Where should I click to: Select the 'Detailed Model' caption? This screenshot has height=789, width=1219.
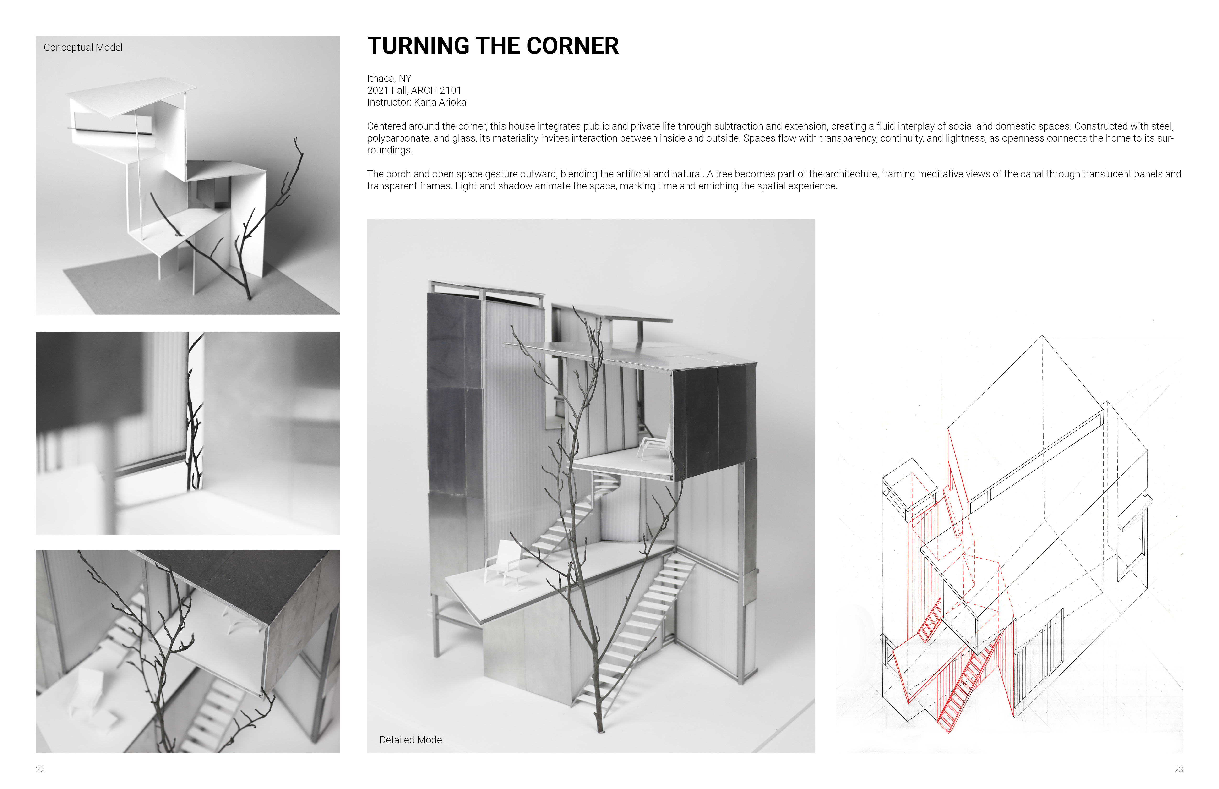click(x=411, y=740)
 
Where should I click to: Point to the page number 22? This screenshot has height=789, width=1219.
click(x=40, y=770)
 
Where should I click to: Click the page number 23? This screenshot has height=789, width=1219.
click(x=1179, y=770)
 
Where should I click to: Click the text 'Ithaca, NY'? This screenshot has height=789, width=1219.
click(x=389, y=78)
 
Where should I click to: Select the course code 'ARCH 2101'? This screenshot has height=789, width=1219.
click(x=436, y=90)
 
